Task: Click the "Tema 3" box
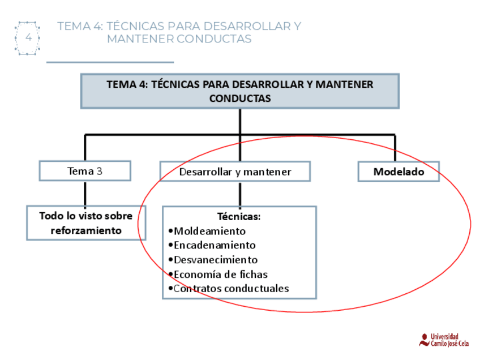(x=85, y=171)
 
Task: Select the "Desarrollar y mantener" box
(x=235, y=172)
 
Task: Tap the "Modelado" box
(x=398, y=172)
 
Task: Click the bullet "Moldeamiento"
(x=209, y=231)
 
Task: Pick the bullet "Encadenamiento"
(x=215, y=246)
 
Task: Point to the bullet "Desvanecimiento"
(x=215, y=260)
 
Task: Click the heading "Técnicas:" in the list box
(x=239, y=216)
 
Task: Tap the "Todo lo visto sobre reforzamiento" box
(x=86, y=223)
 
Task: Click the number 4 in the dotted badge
(x=28, y=38)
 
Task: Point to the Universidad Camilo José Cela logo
(x=443, y=340)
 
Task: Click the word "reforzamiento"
(x=86, y=230)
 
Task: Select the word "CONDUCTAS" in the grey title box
(x=240, y=98)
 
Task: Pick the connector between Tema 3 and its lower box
(x=85, y=193)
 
